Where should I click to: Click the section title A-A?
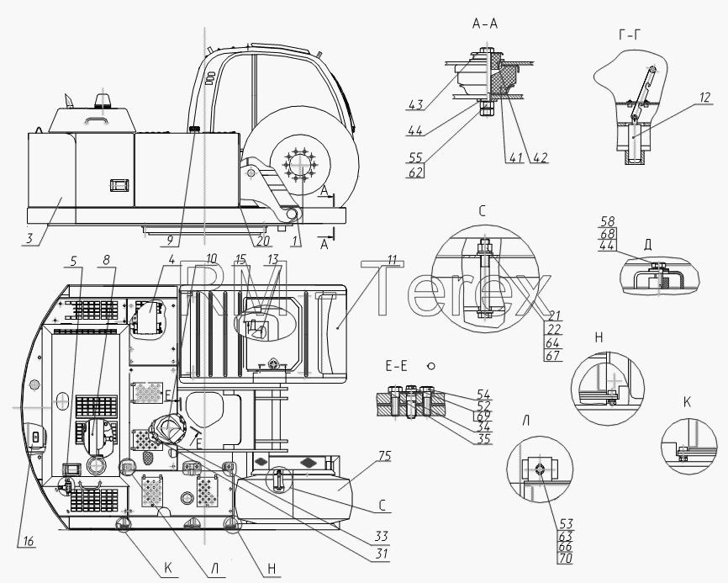(485, 24)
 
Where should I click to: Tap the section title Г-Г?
(630, 34)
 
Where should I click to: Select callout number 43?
(415, 104)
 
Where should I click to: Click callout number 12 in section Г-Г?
(704, 98)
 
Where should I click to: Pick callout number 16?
(28, 541)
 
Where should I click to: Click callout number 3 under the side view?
(29, 239)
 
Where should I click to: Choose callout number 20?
(262, 240)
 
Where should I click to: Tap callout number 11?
(393, 260)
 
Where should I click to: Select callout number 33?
(381, 537)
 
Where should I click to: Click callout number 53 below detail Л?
(566, 524)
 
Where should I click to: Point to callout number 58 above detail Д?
(607, 221)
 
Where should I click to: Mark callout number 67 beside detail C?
(553, 356)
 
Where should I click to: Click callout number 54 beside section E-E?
(483, 395)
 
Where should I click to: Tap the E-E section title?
(396, 367)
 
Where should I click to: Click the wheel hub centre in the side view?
(300, 166)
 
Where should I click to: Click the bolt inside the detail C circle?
(485, 278)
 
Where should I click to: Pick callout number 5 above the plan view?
(73, 261)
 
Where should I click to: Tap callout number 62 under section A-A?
(415, 172)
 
